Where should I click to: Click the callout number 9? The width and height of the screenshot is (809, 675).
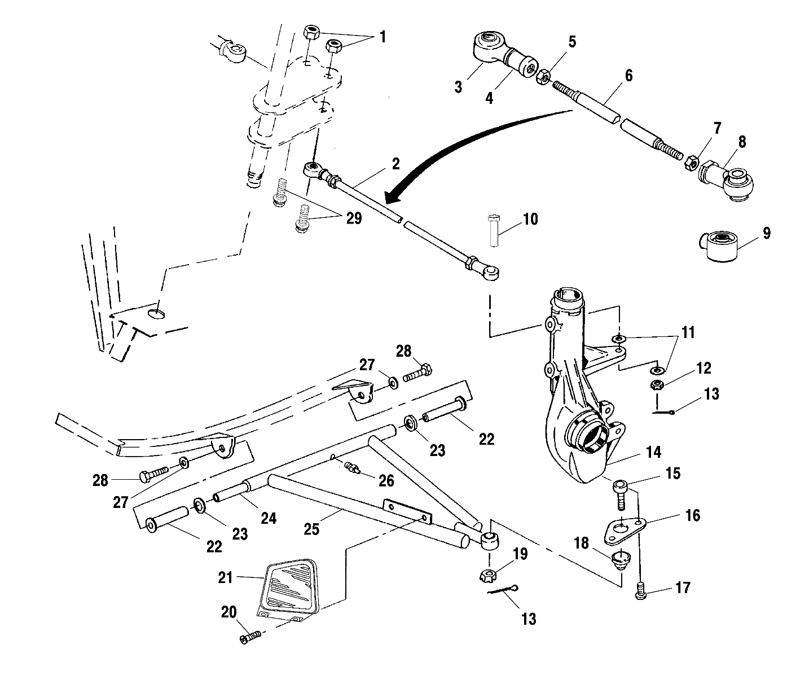coord(766,233)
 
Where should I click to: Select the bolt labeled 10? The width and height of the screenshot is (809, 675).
coord(493,230)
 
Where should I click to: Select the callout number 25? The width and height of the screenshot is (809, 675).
coord(311,529)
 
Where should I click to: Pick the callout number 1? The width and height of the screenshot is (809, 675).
coord(383,37)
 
